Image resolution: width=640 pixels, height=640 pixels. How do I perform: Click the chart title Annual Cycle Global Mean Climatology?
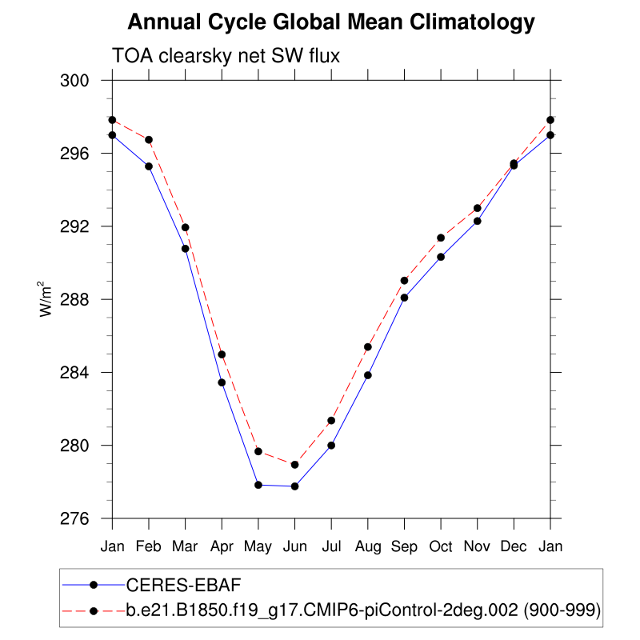tap(330, 22)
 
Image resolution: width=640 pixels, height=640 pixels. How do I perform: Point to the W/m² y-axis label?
tap(47, 299)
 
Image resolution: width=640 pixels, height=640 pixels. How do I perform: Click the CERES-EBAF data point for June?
tap(294, 486)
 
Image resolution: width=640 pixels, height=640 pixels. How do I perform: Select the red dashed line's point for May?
tap(258, 451)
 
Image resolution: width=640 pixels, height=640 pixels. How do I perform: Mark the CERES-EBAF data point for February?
tap(149, 166)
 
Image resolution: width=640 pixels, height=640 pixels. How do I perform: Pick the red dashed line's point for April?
tap(222, 354)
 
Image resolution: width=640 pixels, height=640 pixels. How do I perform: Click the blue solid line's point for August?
tap(368, 375)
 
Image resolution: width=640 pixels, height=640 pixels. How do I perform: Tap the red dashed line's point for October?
tap(441, 238)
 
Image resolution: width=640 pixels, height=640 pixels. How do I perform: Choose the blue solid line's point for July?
tap(331, 446)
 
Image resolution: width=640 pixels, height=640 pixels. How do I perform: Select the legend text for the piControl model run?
tap(363, 611)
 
